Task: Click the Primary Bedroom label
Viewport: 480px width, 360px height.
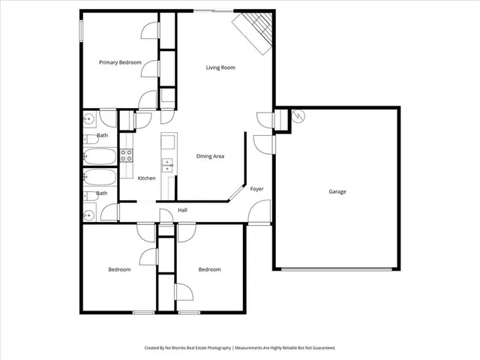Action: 120,63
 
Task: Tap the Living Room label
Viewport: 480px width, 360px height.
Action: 220,67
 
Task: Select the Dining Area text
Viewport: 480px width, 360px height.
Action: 211,156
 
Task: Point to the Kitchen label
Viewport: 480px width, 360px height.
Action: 146,178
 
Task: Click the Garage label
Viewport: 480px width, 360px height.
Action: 337,192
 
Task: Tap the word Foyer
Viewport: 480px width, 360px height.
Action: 256,188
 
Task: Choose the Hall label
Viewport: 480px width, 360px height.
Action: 182,210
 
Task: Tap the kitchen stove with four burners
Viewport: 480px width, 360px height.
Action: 127,157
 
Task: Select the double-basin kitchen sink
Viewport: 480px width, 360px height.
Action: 168,165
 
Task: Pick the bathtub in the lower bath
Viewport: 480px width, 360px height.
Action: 100,178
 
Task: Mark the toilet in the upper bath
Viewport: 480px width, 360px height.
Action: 89,138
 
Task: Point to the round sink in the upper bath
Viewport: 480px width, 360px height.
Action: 88,118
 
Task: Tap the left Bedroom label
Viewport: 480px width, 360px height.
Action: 119,269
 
